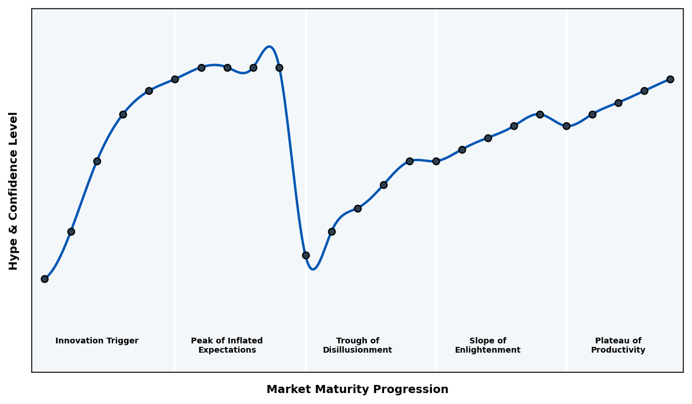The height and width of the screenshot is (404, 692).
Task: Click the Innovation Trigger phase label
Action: coord(97,341)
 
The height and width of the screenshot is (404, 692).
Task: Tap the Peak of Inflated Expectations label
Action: coord(227,345)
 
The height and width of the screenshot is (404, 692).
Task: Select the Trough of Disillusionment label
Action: coord(358,345)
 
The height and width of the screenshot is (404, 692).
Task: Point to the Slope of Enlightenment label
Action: coord(488,345)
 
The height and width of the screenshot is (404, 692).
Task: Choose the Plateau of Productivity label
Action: coord(618,345)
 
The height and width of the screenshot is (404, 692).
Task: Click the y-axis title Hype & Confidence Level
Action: coord(14,190)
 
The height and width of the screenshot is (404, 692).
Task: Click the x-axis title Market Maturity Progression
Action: coord(358,390)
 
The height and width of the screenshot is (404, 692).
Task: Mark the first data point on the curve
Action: coord(44,279)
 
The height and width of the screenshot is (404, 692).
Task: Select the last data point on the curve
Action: coord(670,79)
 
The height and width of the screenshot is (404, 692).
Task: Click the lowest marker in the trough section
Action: coord(306,255)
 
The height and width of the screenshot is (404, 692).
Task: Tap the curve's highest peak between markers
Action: coord(269,47)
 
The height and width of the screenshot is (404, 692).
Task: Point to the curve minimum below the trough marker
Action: coord(313,269)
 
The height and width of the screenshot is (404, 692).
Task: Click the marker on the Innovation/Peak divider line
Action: coord(175,79)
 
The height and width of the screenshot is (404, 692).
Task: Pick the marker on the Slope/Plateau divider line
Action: coord(566,126)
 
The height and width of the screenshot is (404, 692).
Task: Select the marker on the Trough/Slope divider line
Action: coord(436,161)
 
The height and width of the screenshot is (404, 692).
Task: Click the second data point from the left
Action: coord(71,231)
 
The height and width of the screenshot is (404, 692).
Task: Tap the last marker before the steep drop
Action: coord(279,68)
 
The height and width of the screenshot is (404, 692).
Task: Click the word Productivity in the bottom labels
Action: coord(618,350)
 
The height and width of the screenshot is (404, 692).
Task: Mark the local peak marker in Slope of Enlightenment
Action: coord(540,114)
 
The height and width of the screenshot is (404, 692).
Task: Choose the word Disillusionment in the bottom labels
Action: coord(358,350)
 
